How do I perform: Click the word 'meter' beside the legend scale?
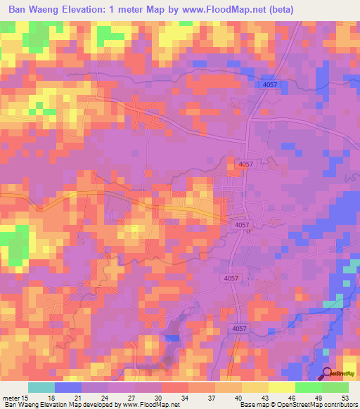pyautogui.click(x=10, y=397)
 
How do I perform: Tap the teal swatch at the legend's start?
pyautogui.click(x=41, y=387)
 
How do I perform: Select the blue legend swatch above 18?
pyautogui.click(x=68, y=387)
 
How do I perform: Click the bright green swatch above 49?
pyautogui.click(x=308, y=387)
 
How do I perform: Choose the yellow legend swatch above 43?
pyautogui.click(x=255, y=387)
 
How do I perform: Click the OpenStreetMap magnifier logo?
pyautogui.click(x=328, y=374)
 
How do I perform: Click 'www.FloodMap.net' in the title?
pyautogui.click(x=223, y=9)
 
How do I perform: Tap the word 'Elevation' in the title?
pyautogui.click(x=87, y=9)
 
